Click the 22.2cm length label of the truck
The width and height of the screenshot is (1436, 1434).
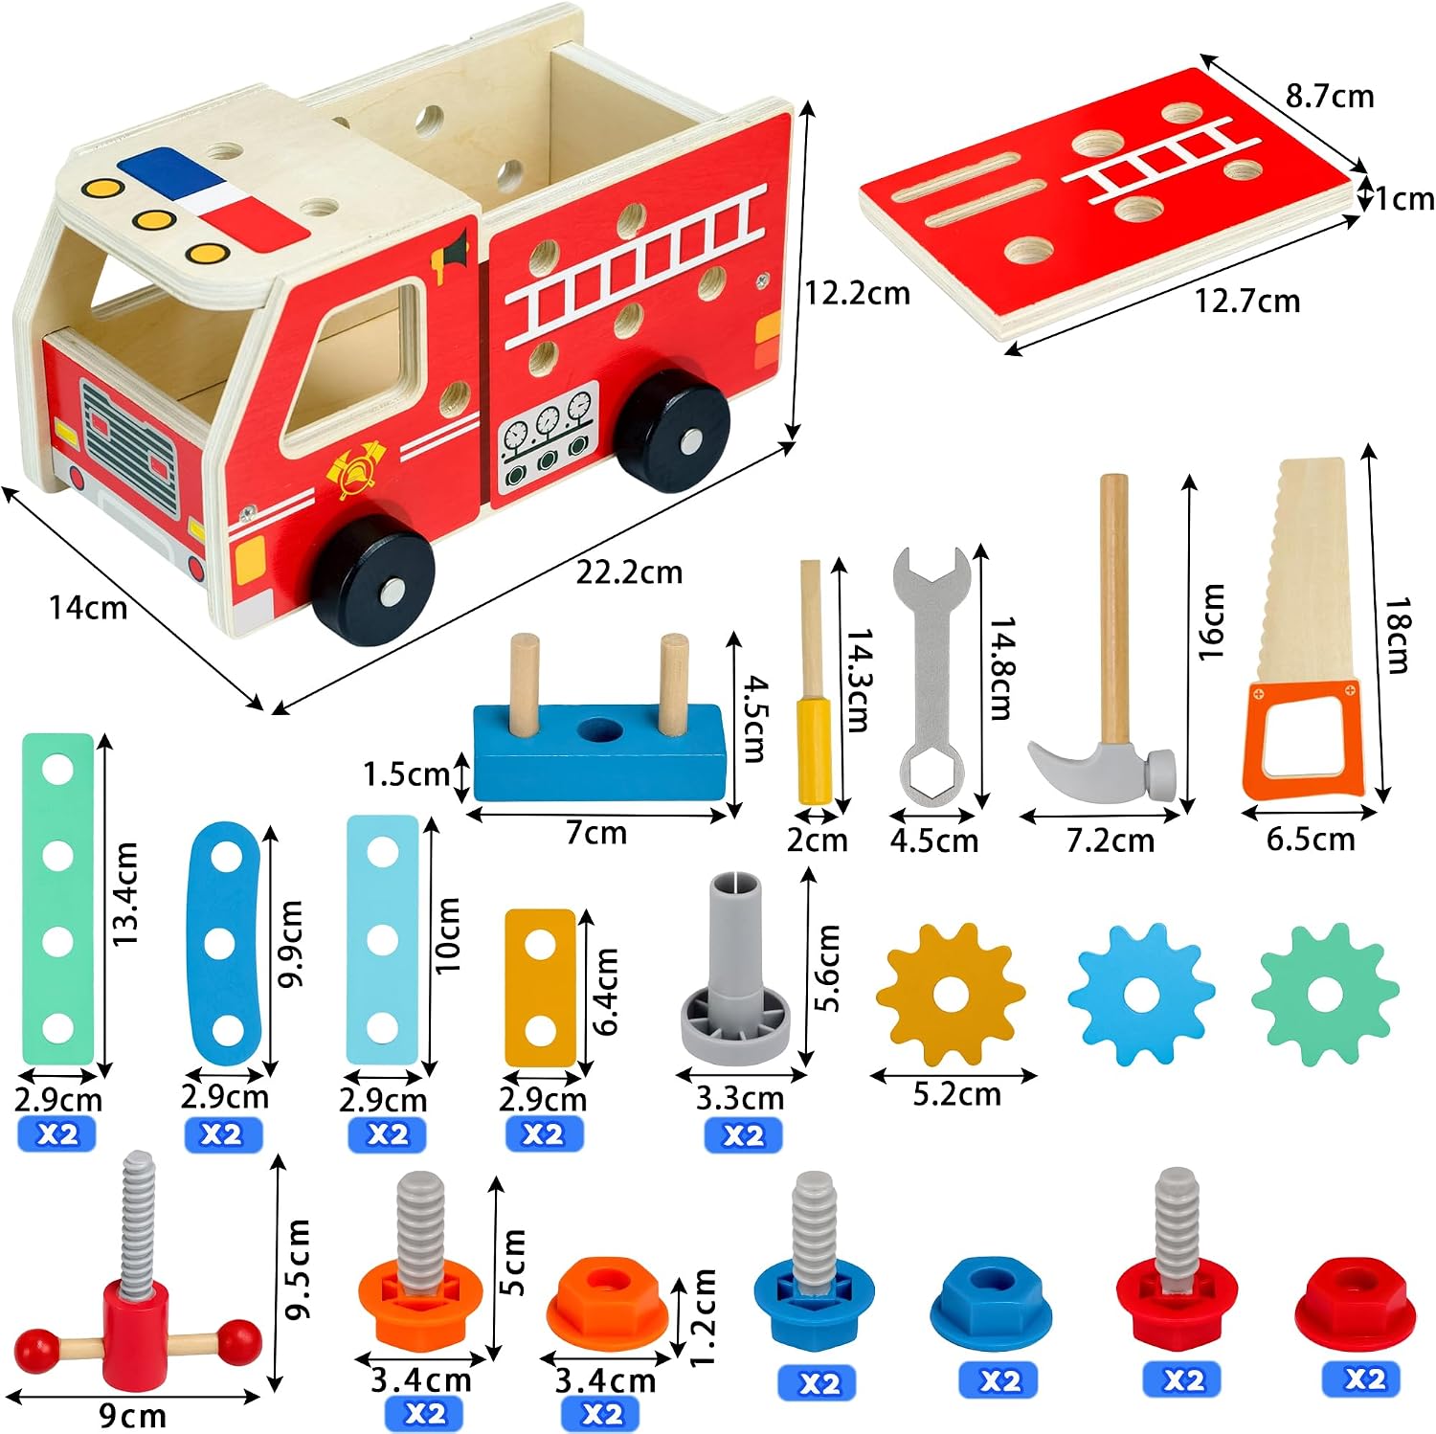pyautogui.click(x=629, y=572)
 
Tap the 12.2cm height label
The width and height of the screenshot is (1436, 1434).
pyautogui.click(x=857, y=293)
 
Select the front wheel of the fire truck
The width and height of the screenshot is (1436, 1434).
pyautogui.click(x=374, y=580)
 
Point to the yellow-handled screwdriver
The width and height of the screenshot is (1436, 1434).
pyautogui.click(x=814, y=682)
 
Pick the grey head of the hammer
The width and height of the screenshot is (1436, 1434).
pyautogui.click(x=1101, y=771)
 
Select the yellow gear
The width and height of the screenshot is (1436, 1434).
pyautogui.click(x=951, y=996)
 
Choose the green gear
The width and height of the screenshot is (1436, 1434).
pyautogui.click(x=1325, y=996)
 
